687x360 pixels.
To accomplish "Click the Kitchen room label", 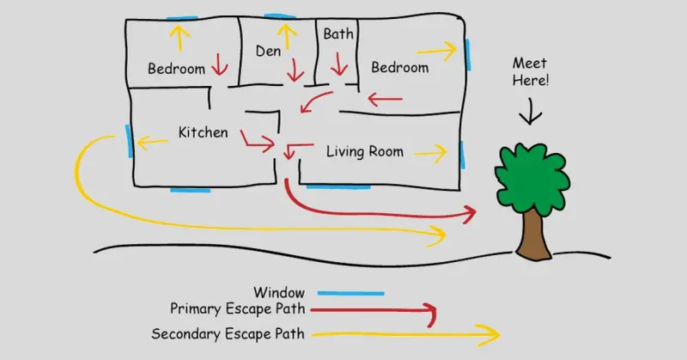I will tap(203, 132).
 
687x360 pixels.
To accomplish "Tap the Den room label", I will tap(268, 52).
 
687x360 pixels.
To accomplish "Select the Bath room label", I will tap(338, 35).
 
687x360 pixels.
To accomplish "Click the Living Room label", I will tap(364, 152).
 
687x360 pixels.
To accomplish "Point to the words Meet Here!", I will tap(530, 71).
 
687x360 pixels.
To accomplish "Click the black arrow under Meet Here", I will tap(531, 112).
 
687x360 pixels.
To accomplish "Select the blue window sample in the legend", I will tap(354, 292).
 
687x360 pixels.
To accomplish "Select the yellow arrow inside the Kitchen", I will tap(153, 142).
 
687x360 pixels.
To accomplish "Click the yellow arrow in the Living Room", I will tap(430, 154).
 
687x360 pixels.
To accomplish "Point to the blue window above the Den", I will tap(280, 16).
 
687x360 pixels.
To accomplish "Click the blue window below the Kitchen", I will tap(190, 189).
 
